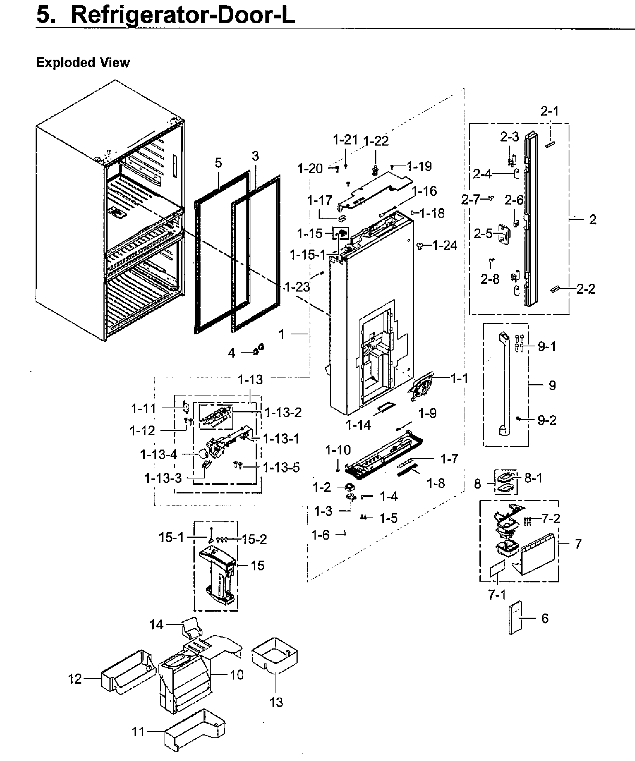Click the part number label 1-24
(445, 246)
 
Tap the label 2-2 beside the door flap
(586, 289)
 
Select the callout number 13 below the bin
(276, 702)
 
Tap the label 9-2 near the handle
(547, 420)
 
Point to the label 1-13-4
(158, 455)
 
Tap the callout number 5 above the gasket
(218, 162)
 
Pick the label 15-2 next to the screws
(254, 539)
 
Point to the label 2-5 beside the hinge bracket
(483, 234)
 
